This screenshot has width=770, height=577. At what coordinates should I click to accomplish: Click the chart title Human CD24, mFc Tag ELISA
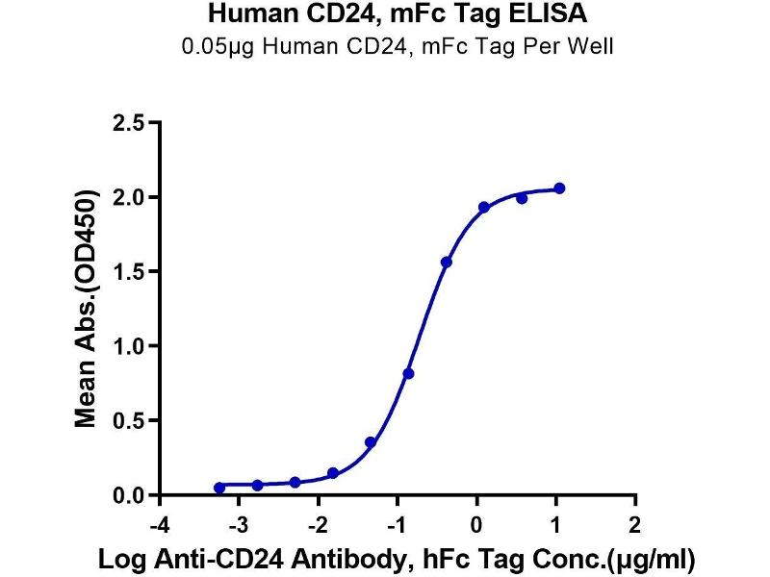coord(385,13)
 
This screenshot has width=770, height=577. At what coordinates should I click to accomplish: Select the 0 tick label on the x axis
coord(477,525)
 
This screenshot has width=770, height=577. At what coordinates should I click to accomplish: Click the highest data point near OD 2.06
coord(559,188)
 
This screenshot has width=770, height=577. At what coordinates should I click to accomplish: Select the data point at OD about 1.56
coord(446,263)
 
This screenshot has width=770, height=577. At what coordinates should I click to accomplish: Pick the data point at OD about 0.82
coord(408,373)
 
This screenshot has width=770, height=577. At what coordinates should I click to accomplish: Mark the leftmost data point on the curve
coord(219,488)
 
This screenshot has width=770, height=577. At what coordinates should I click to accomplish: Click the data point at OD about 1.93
coord(484,208)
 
